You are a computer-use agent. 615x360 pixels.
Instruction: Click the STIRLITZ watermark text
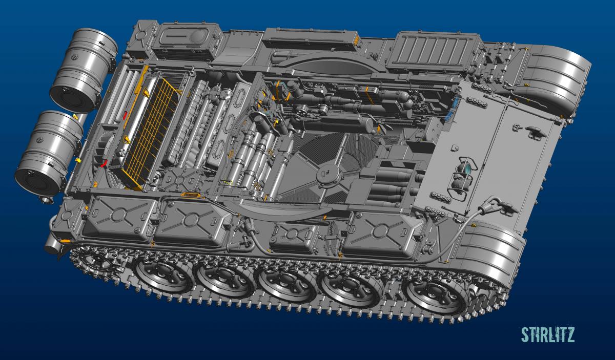click(x=548, y=334)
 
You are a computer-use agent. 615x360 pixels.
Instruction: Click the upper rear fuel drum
click(x=84, y=70)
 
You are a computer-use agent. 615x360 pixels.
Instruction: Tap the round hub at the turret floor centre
click(x=329, y=174)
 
